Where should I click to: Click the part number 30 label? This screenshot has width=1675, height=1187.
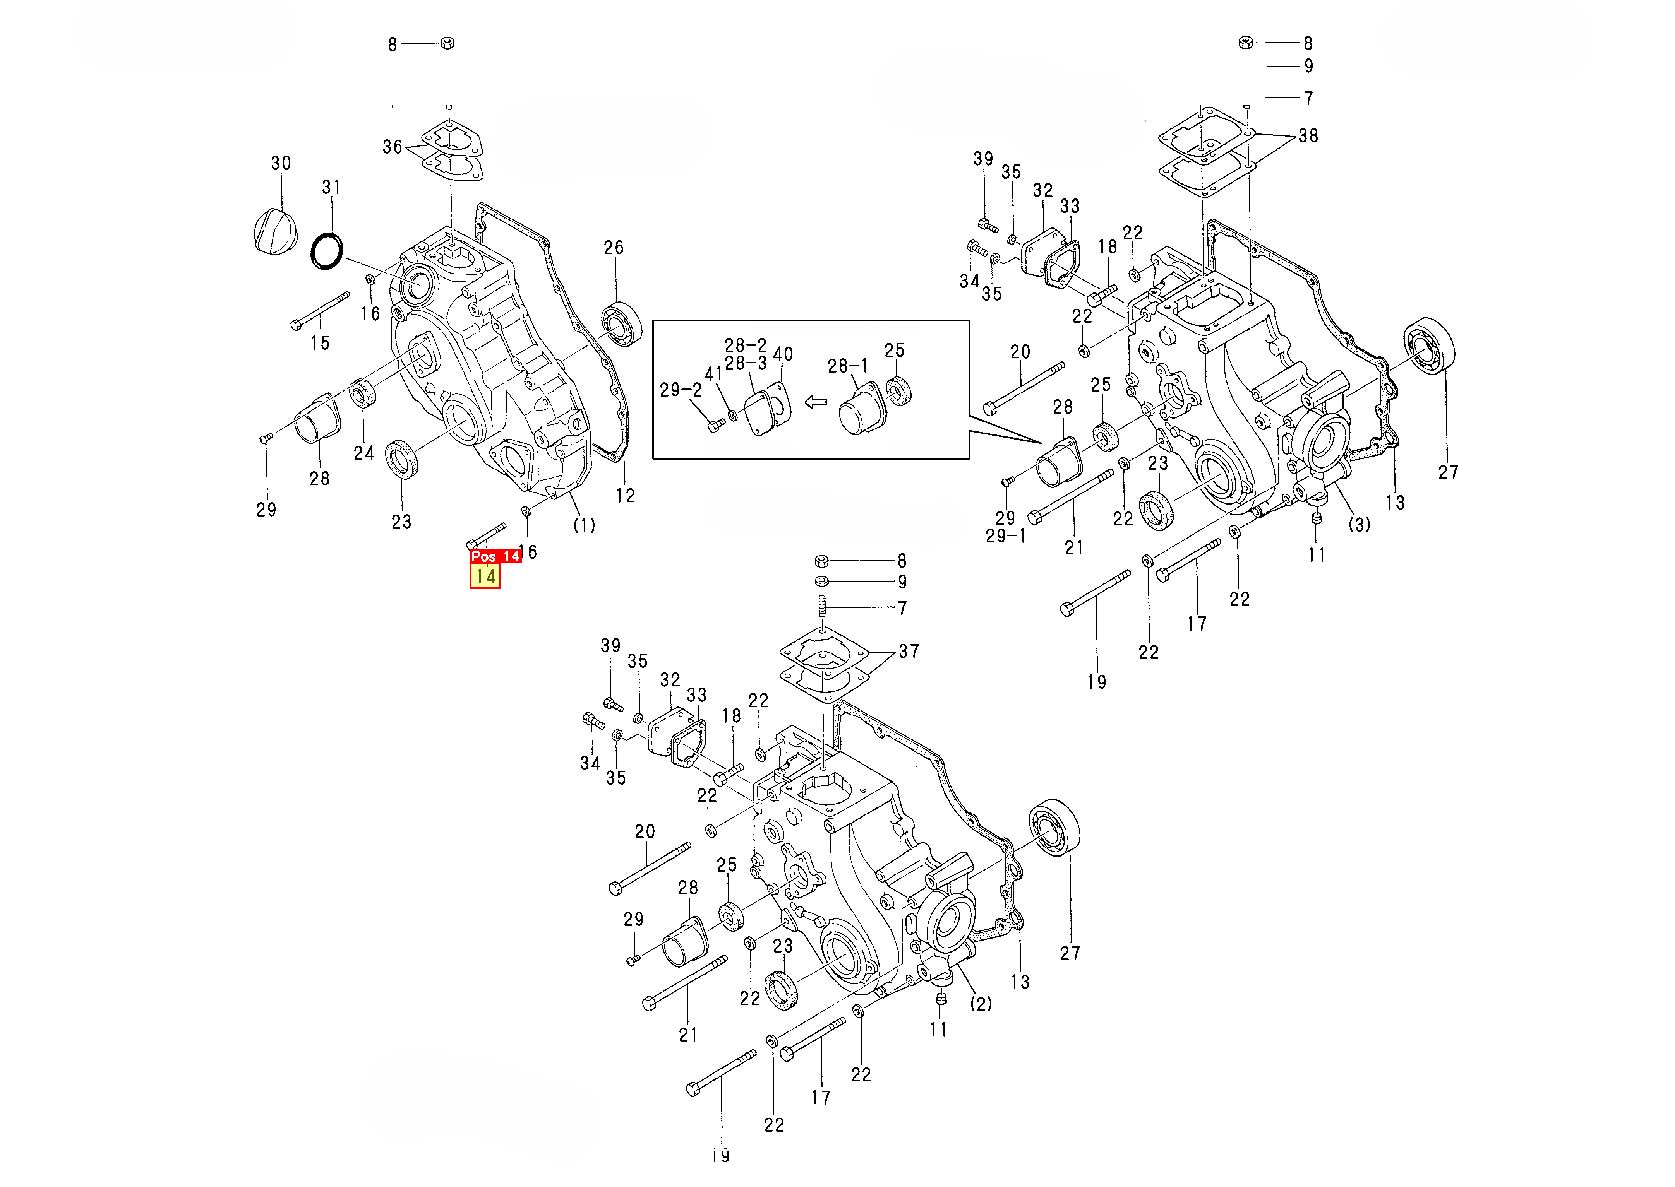click(x=281, y=163)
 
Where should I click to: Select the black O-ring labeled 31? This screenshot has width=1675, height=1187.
click(x=327, y=251)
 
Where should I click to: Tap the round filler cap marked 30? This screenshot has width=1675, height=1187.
click(x=276, y=229)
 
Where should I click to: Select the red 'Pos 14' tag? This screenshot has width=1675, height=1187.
click(x=496, y=556)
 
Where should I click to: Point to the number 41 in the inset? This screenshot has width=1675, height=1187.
click(x=713, y=373)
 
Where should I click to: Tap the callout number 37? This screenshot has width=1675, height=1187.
click(x=909, y=651)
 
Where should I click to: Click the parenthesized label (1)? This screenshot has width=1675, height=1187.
click(x=583, y=525)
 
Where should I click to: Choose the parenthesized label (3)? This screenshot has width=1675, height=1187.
click(x=1358, y=524)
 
